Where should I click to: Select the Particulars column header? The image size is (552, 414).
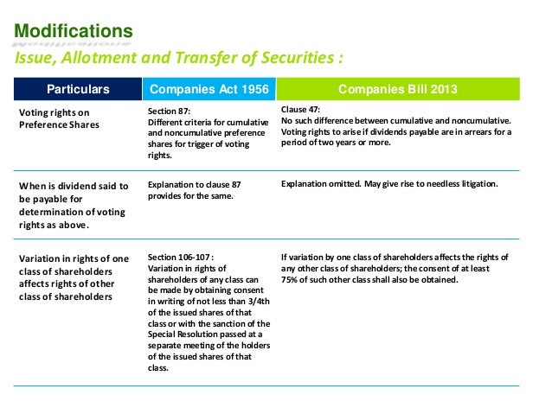(x=78, y=89)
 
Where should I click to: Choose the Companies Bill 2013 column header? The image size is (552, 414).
(x=398, y=89)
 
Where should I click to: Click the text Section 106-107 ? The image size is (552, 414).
(x=177, y=257)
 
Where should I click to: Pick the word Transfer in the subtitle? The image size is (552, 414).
(x=205, y=59)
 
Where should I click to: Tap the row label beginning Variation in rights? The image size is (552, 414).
(x=73, y=277)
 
